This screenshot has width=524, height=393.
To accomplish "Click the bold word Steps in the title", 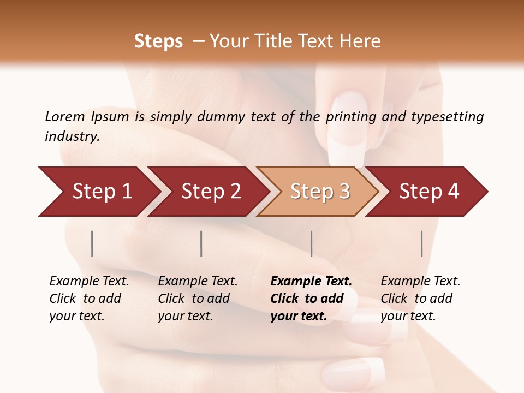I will [158, 41].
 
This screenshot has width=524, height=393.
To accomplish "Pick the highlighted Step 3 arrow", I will [320, 192].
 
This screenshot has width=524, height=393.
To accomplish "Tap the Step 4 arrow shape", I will [429, 192].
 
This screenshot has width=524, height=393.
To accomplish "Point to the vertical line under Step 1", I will [92, 243].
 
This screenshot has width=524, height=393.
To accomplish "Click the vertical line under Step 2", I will [201, 243].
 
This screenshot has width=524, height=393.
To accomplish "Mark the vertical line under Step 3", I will [311, 243].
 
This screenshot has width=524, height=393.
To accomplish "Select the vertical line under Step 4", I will [421, 243].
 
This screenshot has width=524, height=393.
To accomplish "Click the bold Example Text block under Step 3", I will [311, 299].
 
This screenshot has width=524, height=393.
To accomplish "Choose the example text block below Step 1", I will [90, 299].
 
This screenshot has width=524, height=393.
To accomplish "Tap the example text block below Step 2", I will [198, 299].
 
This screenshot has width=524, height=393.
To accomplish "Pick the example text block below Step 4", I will [420, 299].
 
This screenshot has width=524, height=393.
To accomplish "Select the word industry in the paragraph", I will [72, 136].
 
